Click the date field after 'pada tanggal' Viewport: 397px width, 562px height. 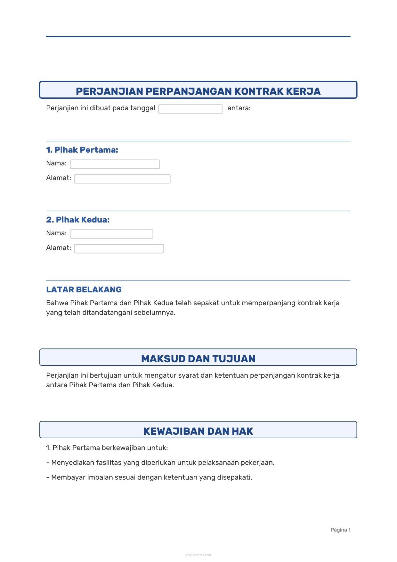pyautogui.click(x=190, y=109)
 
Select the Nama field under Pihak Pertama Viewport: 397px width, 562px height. pyautogui.click(x=115, y=164)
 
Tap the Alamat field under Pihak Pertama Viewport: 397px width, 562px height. pyautogui.click(x=122, y=179)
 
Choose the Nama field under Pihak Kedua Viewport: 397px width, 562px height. pyautogui.click(x=111, y=234)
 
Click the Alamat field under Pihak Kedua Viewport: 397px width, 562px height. pyautogui.click(x=119, y=249)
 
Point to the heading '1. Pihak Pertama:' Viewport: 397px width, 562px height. pyautogui.click(x=82, y=150)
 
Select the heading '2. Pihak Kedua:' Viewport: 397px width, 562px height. pyautogui.click(x=78, y=220)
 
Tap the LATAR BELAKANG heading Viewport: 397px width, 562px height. pyautogui.click(x=84, y=289)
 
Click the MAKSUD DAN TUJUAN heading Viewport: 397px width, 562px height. pyautogui.click(x=198, y=359)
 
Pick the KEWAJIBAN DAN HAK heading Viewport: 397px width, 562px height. pyautogui.click(x=198, y=431)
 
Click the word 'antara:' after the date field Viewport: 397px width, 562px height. pyautogui.click(x=239, y=108)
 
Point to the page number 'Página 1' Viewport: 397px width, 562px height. pyautogui.click(x=340, y=530)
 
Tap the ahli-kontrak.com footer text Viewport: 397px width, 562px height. pyautogui.click(x=198, y=555)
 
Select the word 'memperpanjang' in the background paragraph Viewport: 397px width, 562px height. pyautogui.click(x=268, y=303)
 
